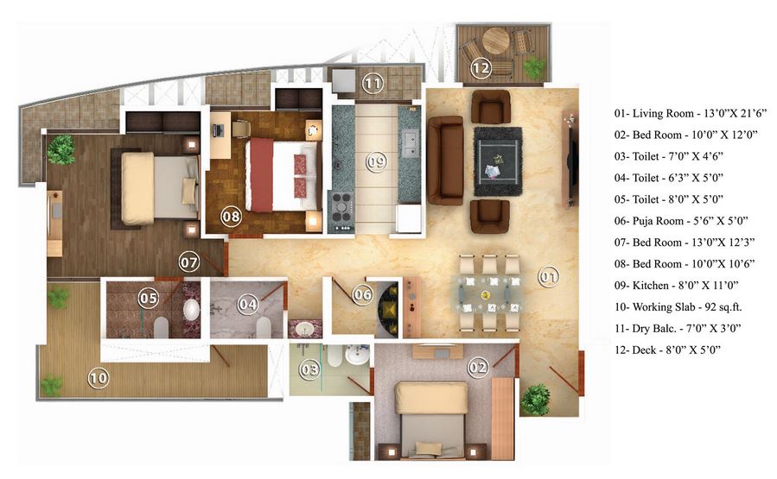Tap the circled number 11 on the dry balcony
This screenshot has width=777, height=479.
(x=373, y=84)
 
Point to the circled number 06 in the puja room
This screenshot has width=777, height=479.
(x=363, y=295)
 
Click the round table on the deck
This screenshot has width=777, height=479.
(x=496, y=40)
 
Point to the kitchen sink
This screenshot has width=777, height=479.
(x=409, y=140)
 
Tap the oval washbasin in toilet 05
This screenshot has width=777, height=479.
(x=190, y=311)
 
